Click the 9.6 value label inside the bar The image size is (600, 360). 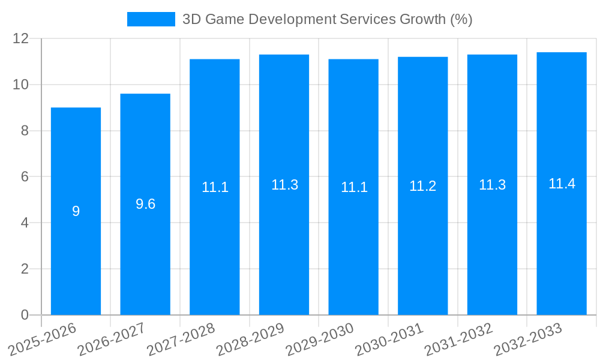[145, 204]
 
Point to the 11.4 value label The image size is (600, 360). [562, 184]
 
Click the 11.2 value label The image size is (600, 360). [422, 186]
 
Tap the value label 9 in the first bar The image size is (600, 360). [76, 211]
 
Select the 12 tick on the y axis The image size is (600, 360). [21, 38]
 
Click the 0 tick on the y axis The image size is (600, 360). [25, 315]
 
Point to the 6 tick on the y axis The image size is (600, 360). [25, 177]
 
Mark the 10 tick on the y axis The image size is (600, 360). [21, 85]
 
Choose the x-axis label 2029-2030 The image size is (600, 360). [320, 340]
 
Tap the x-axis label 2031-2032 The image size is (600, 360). [459, 340]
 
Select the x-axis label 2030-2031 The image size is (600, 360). [389, 340]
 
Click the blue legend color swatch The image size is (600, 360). [151, 19]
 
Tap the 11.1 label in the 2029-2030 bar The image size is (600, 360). [353, 187]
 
